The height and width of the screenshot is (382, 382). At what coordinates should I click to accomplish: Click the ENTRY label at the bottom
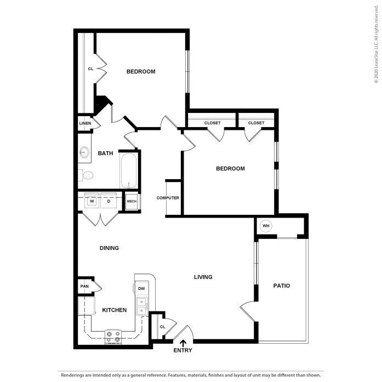(x=183, y=350)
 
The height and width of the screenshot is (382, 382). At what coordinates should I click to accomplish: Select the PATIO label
(x=281, y=286)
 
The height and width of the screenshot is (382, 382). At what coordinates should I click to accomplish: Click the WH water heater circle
(x=266, y=226)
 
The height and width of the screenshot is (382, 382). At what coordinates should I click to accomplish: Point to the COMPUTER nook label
(x=168, y=198)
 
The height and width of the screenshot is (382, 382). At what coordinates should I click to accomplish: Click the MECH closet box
(x=132, y=202)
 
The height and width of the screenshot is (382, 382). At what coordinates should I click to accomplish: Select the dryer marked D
(x=109, y=201)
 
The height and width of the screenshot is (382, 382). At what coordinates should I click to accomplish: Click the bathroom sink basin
(x=84, y=152)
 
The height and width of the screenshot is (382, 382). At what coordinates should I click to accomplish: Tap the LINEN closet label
(x=85, y=123)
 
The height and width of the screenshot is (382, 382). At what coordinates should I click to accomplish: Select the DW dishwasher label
(x=141, y=289)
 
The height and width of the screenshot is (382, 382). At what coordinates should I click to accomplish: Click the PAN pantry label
(x=84, y=286)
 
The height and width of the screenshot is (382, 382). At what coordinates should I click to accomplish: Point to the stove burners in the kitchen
(x=115, y=336)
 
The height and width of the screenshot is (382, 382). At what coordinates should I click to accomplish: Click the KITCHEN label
(x=115, y=310)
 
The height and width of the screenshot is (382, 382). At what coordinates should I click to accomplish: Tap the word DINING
(x=109, y=248)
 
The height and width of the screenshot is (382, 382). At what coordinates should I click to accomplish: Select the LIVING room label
(x=203, y=277)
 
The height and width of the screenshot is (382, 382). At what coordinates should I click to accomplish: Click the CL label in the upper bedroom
(x=90, y=69)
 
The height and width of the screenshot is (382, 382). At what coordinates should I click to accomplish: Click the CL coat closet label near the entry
(x=162, y=327)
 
